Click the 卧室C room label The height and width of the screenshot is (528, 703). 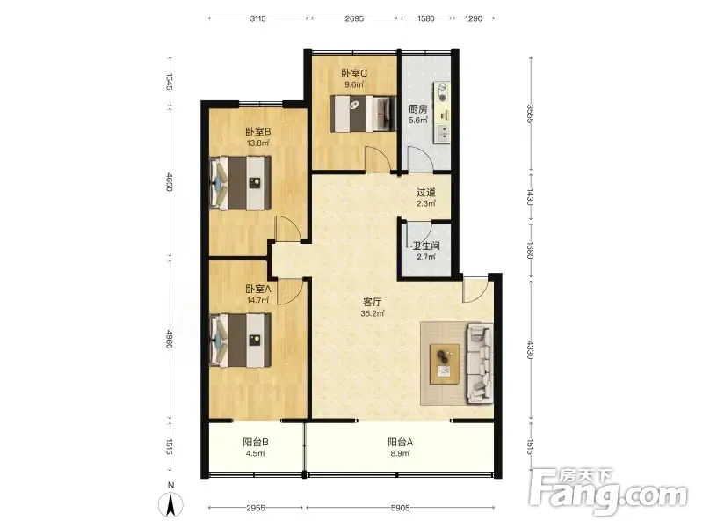pos(354,73)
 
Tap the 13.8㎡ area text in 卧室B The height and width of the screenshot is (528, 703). pos(257,143)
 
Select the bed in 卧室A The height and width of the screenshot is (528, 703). pos(241,340)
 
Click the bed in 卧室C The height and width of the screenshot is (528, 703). pos(363,114)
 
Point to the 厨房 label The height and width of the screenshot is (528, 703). pos(418,109)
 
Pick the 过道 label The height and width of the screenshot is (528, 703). pos(426,192)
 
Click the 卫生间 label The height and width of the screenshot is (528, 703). pos(426,246)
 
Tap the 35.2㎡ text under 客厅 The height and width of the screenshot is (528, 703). pos(372,313)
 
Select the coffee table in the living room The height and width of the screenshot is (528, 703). pos(445,364)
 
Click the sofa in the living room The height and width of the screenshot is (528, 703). pos(480,363)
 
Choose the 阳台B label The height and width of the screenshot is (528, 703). pos(256,442)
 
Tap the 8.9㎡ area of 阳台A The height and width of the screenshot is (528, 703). pos(401,453)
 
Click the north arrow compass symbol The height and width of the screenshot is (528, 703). pos(170,503)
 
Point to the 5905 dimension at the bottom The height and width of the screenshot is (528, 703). pos(401,508)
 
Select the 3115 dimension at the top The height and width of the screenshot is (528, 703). pos(258,18)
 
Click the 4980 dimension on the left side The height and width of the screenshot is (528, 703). pos(170,340)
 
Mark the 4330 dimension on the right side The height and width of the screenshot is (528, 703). pos(531,349)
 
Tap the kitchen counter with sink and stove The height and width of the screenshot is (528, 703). pos(441,113)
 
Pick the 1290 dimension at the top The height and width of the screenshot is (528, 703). pos(474,18)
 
